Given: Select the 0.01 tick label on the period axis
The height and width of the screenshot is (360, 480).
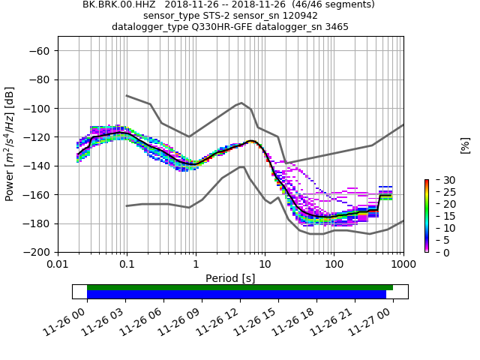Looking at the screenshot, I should point(58,265).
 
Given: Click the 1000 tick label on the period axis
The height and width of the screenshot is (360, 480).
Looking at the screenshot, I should point(403,265).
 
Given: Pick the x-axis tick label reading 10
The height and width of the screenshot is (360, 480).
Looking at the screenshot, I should point(265,265).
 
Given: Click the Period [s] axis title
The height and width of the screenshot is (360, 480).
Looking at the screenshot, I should point(230,278).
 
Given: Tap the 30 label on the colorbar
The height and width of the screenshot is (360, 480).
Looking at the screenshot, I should point(439,180).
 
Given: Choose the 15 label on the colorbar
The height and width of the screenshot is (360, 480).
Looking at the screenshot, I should point(439,216).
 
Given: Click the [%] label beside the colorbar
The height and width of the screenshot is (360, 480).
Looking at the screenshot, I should point(466,145).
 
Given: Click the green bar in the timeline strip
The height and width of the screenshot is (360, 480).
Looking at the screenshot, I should point(240,287).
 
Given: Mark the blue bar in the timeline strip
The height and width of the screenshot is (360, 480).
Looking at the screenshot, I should point(236,295).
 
